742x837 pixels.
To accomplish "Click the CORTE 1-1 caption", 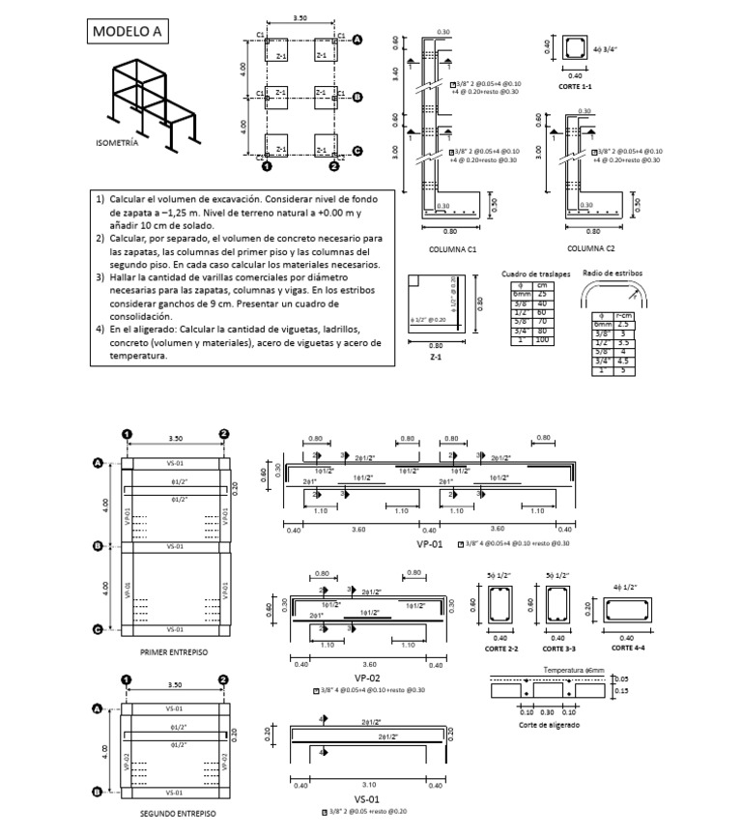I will tap(577, 87).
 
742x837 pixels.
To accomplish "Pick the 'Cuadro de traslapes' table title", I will tap(536, 274).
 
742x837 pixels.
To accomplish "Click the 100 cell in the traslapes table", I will tap(542, 340).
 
